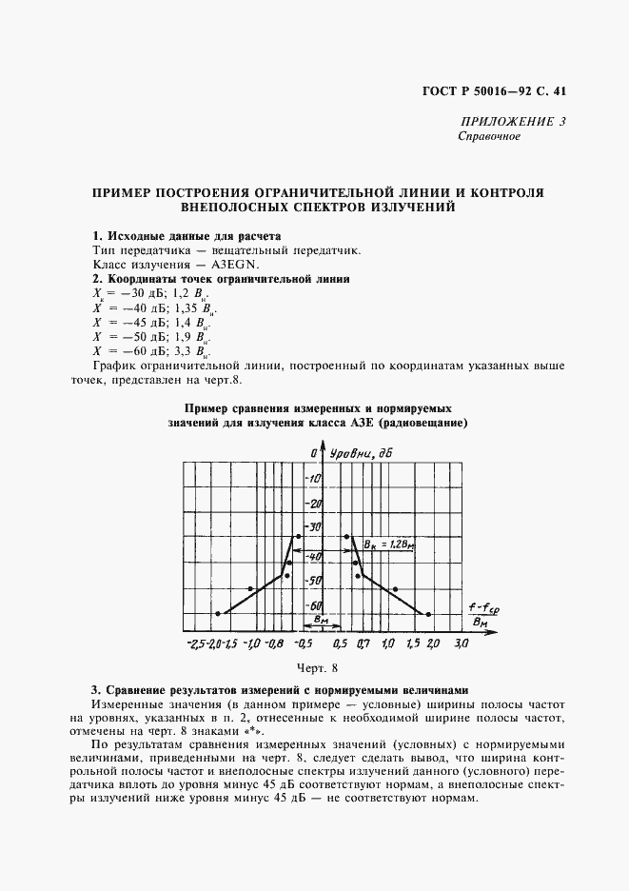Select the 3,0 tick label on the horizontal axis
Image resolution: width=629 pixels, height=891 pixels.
tap(462, 644)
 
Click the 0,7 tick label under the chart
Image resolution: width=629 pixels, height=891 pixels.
tap(364, 644)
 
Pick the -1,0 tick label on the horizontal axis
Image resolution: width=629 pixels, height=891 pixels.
tap(250, 644)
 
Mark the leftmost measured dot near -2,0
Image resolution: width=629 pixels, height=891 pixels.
tap(218, 613)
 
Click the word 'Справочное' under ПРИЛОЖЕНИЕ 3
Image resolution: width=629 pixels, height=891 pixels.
tap(488, 136)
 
